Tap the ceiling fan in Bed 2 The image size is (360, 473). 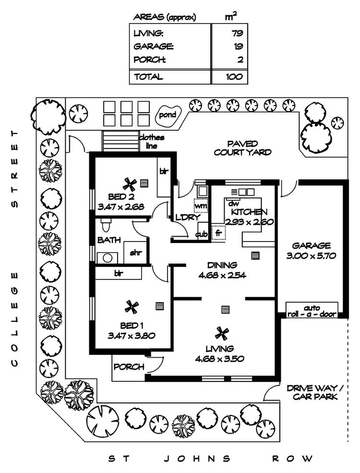pyautogui.click(x=129, y=184)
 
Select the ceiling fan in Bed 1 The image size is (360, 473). pyautogui.click(x=131, y=306)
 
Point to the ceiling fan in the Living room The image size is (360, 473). pyautogui.click(x=221, y=332)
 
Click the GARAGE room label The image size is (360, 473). pyautogui.click(x=314, y=245)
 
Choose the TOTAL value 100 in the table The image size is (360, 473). pyautogui.click(x=234, y=76)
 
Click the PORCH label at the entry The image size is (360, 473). pyautogui.click(x=129, y=367)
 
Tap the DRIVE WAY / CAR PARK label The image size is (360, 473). pyautogui.click(x=312, y=392)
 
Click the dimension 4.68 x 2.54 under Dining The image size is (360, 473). pyautogui.click(x=221, y=275)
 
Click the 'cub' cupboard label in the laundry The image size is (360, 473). pyautogui.click(x=202, y=235)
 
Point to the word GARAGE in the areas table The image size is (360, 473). pyautogui.click(x=154, y=47)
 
